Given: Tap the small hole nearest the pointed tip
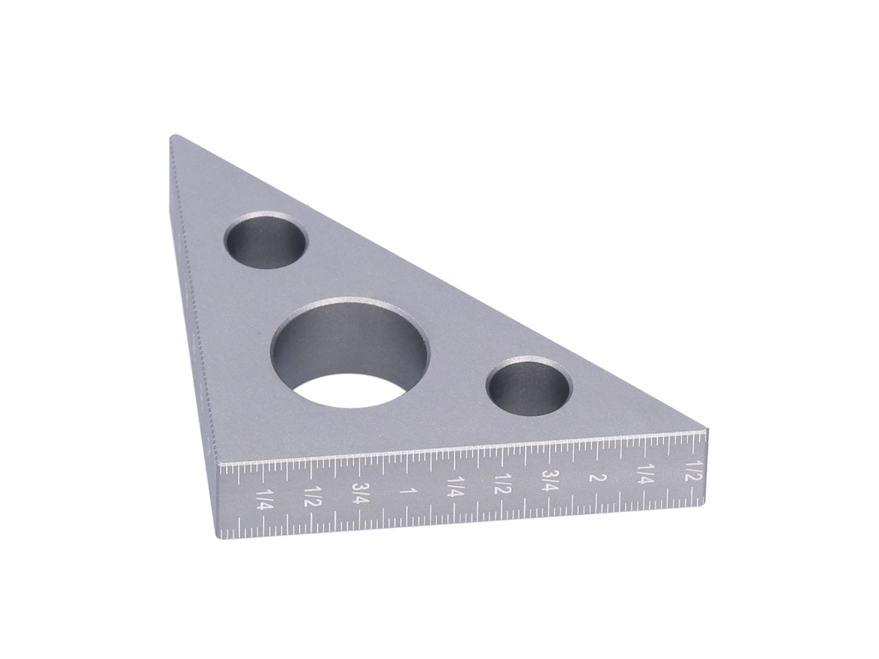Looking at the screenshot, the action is coord(265,240).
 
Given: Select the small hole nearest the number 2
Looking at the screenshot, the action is coord(529,386).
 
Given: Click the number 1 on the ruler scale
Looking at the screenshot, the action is coord(409,491).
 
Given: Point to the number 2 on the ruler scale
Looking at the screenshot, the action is coord(598,478).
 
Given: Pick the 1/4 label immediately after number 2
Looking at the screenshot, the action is coord(645,474).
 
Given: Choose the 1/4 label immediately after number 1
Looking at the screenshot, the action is coord(455,487).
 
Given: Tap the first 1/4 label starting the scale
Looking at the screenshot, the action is coord(264,499).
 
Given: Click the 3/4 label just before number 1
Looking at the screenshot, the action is coord(360,493).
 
